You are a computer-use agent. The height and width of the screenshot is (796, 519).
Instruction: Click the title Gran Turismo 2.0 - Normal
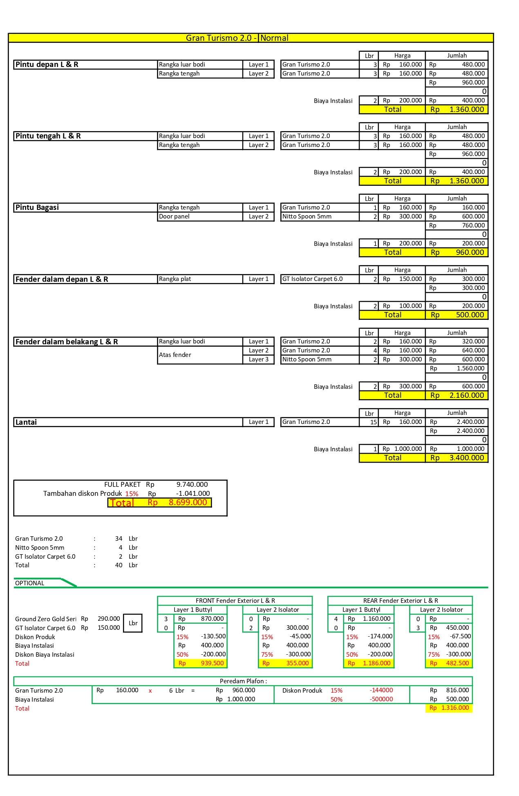pyautogui.click(x=237, y=38)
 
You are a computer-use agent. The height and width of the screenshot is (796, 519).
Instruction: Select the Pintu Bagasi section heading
pyautogui.click(x=37, y=207)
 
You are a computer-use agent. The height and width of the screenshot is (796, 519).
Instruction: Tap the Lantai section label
pyautogui.click(x=26, y=422)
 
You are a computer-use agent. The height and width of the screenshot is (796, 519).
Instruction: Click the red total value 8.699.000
pyautogui.click(x=188, y=502)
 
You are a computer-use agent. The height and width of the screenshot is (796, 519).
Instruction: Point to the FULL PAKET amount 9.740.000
pyautogui.click(x=192, y=485)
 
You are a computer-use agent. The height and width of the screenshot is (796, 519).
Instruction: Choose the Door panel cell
pyautogui.click(x=174, y=216)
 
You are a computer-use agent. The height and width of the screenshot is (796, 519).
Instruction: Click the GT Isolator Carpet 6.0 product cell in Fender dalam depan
pyautogui.click(x=313, y=279)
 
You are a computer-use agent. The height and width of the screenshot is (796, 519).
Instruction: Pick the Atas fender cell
pyautogui.click(x=175, y=355)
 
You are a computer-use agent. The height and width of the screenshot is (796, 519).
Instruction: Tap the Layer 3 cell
pyautogui.click(x=259, y=359)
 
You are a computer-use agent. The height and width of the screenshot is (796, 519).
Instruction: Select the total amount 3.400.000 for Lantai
pyautogui.click(x=467, y=458)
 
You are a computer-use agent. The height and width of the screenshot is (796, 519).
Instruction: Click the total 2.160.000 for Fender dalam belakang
pyautogui.click(x=467, y=395)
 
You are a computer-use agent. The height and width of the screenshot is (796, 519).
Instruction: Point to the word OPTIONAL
pyautogui.click(x=29, y=583)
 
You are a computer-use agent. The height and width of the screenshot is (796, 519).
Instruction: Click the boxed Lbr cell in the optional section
pyautogui.click(x=133, y=623)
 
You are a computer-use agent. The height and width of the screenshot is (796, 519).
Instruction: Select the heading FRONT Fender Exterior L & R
pyautogui.click(x=235, y=601)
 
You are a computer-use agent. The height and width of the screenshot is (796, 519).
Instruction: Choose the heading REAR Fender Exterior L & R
pyautogui.click(x=400, y=601)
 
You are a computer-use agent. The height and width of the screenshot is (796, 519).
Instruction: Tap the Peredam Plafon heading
pyautogui.click(x=243, y=681)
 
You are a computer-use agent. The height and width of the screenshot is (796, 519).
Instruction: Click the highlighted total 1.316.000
pyautogui.click(x=455, y=708)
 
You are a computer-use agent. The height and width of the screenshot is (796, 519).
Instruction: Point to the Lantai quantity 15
pyautogui.click(x=374, y=422)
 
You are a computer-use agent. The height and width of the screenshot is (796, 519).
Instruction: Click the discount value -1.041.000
pyautogui.click(x=193, y=494)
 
